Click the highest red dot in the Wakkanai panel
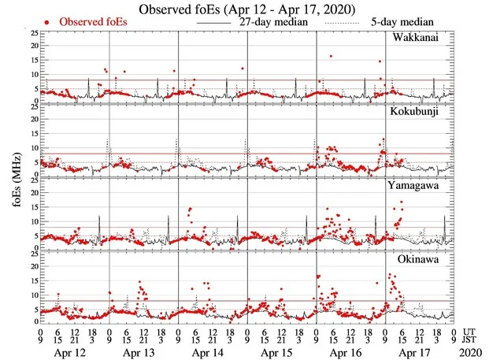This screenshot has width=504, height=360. click(331, 56)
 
